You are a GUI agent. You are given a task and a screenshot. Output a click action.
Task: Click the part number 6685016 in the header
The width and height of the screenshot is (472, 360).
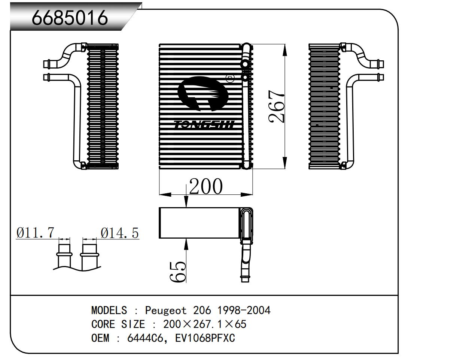tap(70, 17)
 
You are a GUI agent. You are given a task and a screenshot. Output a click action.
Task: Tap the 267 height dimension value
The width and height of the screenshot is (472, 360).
tap(277, 106)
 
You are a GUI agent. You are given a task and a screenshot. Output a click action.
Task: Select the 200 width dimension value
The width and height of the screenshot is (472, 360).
tap(205, 186)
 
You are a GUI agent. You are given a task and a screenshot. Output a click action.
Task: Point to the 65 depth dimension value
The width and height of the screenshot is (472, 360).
tap(178, 271)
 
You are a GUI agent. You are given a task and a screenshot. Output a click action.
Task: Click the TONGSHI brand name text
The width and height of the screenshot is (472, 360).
tap(204, 124)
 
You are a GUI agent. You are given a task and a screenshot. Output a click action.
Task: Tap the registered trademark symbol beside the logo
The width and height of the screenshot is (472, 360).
tap(230, 79)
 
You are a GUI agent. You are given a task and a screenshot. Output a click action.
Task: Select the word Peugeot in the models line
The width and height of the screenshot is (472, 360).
tap(165, 310)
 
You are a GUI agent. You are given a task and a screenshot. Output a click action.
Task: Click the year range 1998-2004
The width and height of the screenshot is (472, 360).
tap(244, 310)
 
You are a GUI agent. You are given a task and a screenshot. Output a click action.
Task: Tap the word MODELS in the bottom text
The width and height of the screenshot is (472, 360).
tap(109, 310)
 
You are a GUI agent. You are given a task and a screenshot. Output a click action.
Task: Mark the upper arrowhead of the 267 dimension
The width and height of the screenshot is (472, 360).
tap(285, 49)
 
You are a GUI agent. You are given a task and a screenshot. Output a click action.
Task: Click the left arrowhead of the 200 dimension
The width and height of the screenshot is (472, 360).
tap(164, 194)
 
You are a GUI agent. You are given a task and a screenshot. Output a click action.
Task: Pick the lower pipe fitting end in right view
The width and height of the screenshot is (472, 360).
tap(380, 78)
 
